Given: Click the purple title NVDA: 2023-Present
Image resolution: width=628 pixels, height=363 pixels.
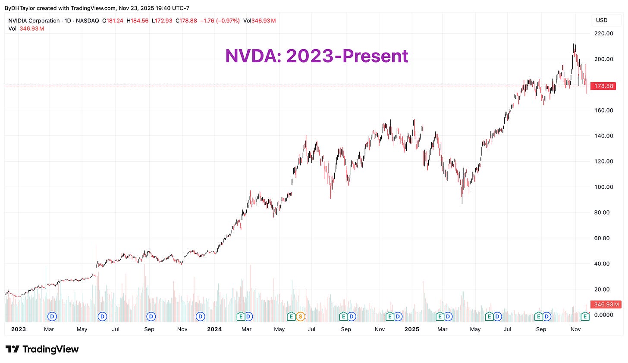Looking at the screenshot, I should tap(317, 56).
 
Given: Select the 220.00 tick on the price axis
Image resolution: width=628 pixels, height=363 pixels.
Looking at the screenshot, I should tap(603, 33).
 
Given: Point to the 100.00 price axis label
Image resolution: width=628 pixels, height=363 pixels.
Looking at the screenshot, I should tap(603, 187).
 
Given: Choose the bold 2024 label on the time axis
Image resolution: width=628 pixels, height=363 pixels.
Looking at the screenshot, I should tap(214, 329).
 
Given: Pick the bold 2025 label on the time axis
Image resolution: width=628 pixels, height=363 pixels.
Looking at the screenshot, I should tap(412, 329).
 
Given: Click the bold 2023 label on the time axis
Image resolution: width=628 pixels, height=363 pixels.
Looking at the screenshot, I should tap(18, 329).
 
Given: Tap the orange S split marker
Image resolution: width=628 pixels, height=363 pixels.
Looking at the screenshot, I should tap(300, 316).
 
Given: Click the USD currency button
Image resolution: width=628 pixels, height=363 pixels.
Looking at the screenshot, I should tap(602, 20).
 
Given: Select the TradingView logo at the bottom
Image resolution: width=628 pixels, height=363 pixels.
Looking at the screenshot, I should tap(42, 349).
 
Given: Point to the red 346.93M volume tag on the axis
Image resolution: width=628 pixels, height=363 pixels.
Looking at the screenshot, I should tap(605, 304).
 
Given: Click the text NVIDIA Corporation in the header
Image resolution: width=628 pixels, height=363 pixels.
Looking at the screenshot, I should tap(34, 21).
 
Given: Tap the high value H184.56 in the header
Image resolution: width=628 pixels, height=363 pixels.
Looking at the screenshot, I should tap(137, 21).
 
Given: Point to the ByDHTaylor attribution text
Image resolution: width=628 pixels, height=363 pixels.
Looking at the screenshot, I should tap(20, 8).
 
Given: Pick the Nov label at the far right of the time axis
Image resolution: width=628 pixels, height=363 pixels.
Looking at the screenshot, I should tap(575, 329).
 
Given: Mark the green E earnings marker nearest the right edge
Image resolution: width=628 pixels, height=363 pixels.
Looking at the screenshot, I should tap(585, 316).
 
